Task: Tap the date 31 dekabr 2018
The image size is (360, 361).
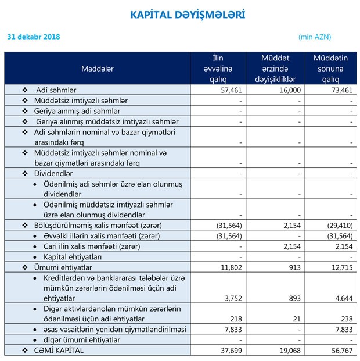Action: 34,37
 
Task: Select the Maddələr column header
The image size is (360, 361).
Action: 98,69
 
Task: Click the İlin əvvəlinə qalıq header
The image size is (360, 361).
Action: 218,69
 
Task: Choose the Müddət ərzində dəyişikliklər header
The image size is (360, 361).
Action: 275,69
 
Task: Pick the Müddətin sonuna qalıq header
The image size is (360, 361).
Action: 330,69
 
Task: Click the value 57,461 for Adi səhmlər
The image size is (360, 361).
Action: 231,91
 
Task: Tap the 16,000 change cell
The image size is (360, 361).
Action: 290,91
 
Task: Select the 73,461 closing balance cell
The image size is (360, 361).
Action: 342,91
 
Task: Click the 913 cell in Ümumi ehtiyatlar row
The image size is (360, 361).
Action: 294,267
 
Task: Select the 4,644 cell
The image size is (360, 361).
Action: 344,298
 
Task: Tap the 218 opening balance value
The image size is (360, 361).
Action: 236,319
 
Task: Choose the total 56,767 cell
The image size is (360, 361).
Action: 342,351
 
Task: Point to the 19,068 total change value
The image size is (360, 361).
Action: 290,351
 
